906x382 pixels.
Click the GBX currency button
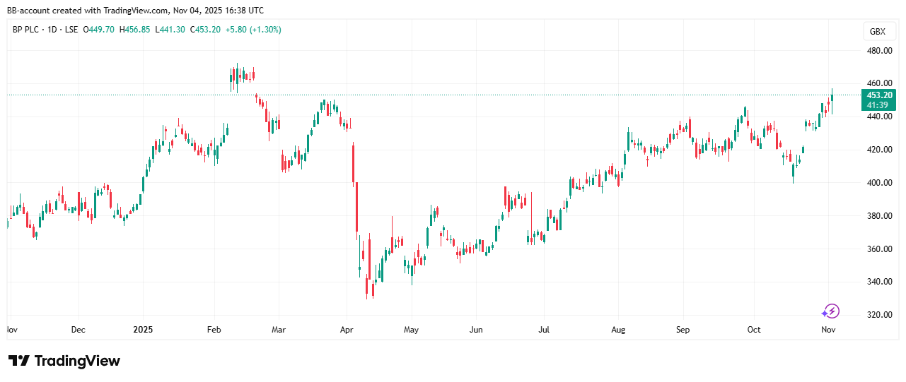coord(878,32)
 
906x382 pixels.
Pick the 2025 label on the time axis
coord(143,330)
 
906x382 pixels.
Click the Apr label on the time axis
coord(346,330)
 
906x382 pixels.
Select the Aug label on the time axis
coord(619,330)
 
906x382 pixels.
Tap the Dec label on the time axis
coord(78,330)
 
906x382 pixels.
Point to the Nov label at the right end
coord(828,330)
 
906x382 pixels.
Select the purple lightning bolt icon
coord(830,311)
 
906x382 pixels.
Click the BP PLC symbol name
coord(29,30)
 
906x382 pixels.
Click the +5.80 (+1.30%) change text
coord(250,30)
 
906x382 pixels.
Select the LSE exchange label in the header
coord(71,30)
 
